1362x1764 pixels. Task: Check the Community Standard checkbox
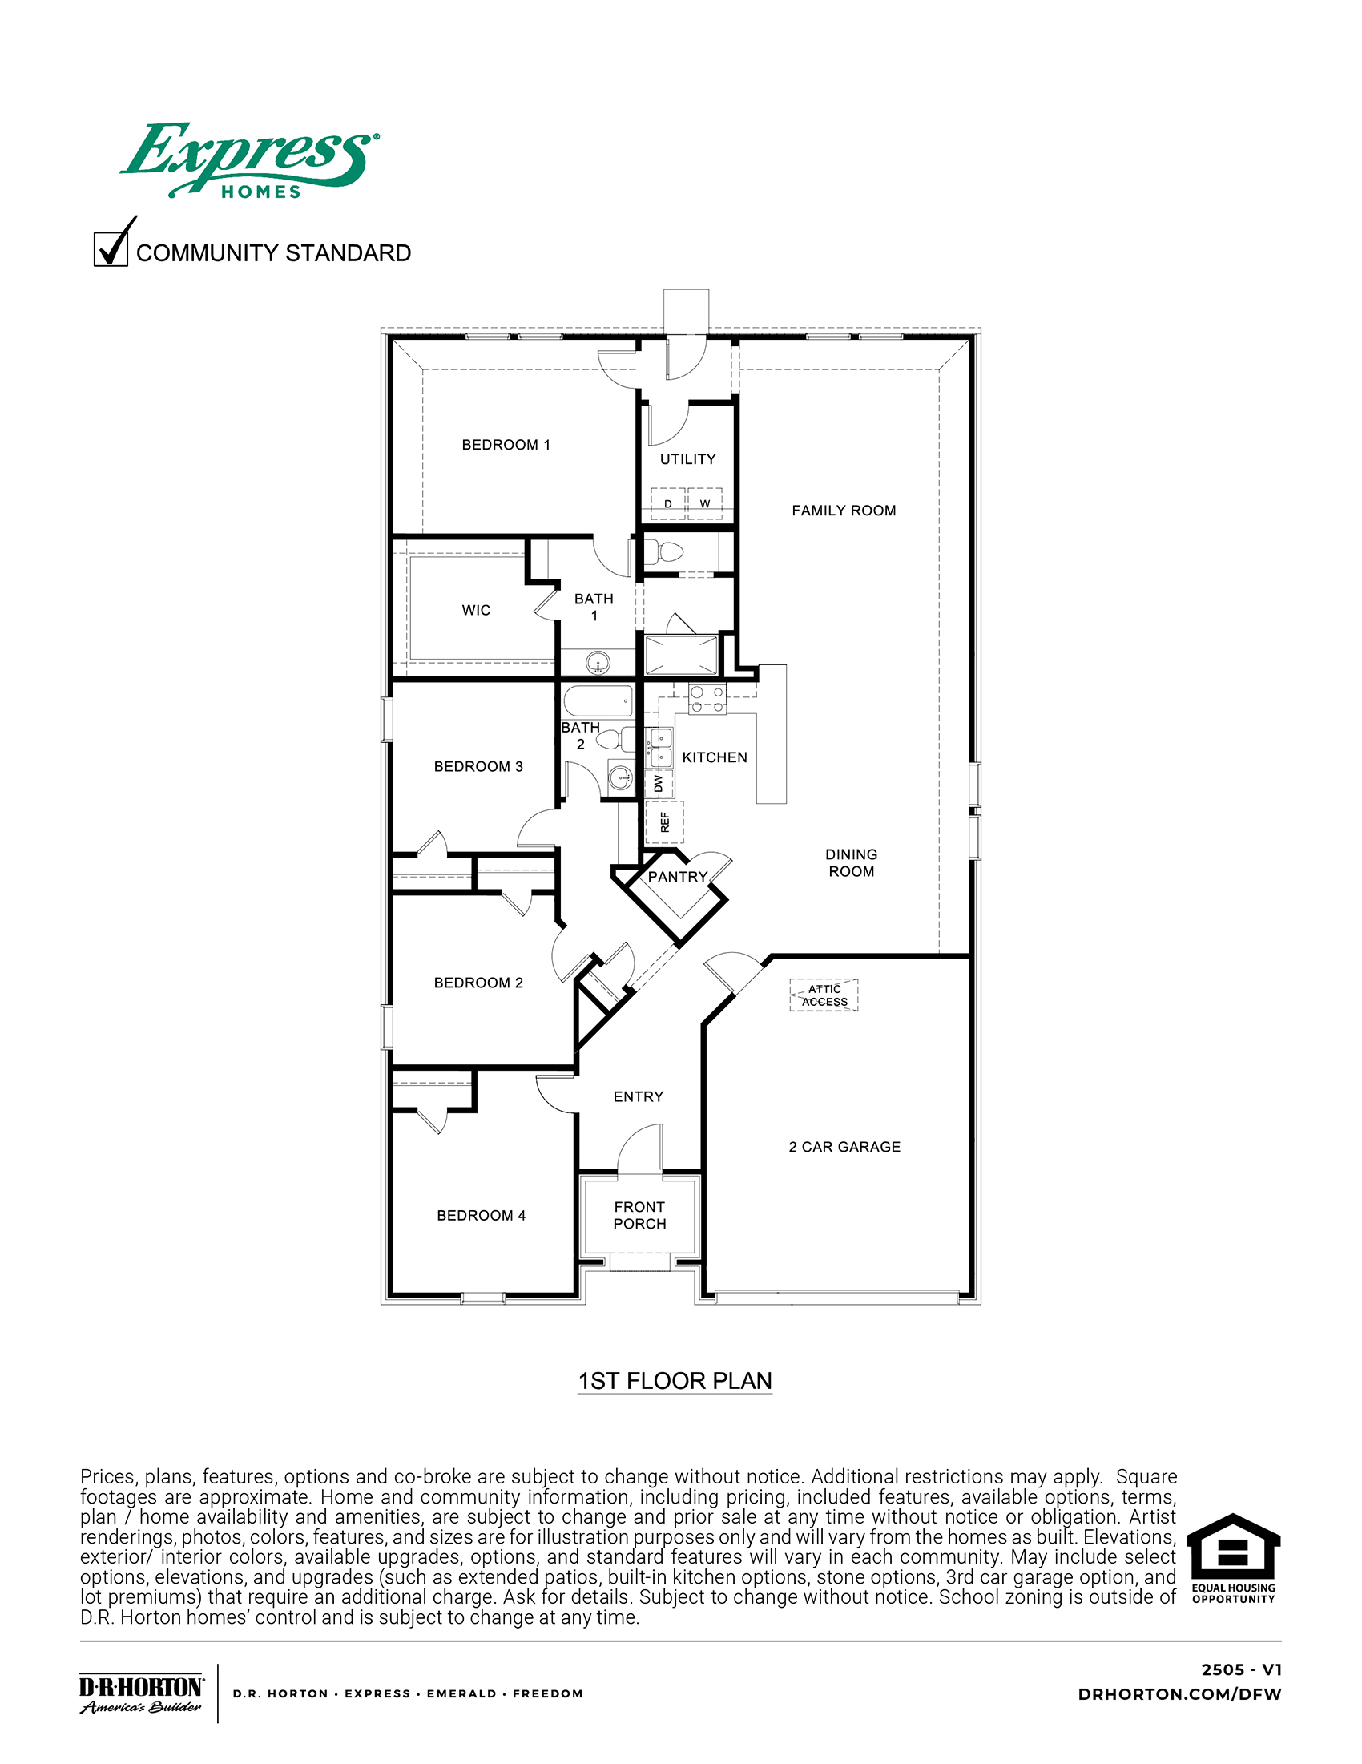[x=111, y=248]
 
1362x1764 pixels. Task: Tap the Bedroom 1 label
[x=506, y=445]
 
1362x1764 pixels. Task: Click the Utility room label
[x=688, y=459]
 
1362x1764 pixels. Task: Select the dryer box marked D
[x=667, y=503]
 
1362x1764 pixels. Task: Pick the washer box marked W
[x=705, y=503]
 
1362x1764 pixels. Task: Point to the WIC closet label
[x=477, y=611]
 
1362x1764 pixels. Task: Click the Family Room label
[x=844, y=511]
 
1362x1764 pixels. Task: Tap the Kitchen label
[x=715, y=757]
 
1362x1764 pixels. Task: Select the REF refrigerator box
[x=664, y=822]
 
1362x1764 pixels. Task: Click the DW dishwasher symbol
[x=659, y=784]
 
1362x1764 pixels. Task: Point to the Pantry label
[x=677, y=877]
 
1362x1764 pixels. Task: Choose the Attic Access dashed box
[x=824, y=995]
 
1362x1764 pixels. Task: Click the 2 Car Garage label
[x=844, y=1147]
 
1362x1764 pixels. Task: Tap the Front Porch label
[x=639, y=1216]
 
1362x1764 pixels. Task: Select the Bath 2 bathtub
[x=598, y=701]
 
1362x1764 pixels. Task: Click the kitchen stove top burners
[x=707, y=700]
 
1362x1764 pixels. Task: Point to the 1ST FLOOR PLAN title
[x=675, y=1381]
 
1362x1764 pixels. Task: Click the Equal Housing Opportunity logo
[x=1233, y=1558]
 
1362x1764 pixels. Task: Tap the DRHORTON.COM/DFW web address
[x=1179, y=1694]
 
